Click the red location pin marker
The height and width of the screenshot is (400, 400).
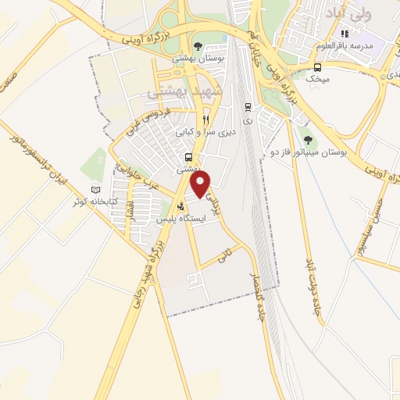pos(201,184)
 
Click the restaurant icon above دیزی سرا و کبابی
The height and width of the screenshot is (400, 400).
pos(205,120)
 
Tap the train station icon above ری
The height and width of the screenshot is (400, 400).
pos(248,108)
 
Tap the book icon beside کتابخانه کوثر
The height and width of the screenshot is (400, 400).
pos(96,190)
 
